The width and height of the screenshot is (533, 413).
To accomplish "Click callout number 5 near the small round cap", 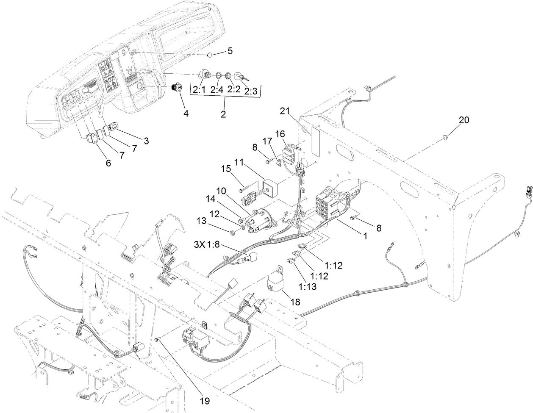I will pos(230,51).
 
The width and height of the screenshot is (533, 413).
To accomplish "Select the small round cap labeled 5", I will pos(210,55).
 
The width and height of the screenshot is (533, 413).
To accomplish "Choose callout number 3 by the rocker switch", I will pos(146,141).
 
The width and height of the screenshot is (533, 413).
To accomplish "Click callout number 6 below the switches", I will pos(108,163).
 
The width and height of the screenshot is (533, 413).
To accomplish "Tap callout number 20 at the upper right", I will pos(464,120).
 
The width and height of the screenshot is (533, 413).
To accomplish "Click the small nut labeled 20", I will pos(444,137).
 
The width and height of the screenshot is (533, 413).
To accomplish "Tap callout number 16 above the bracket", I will pos(280,135).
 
